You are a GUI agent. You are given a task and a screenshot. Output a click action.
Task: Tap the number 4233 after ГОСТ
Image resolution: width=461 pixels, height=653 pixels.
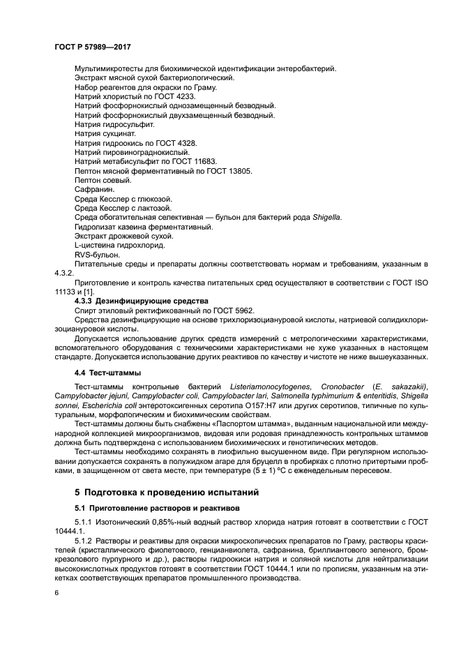[x=184, y=98]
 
